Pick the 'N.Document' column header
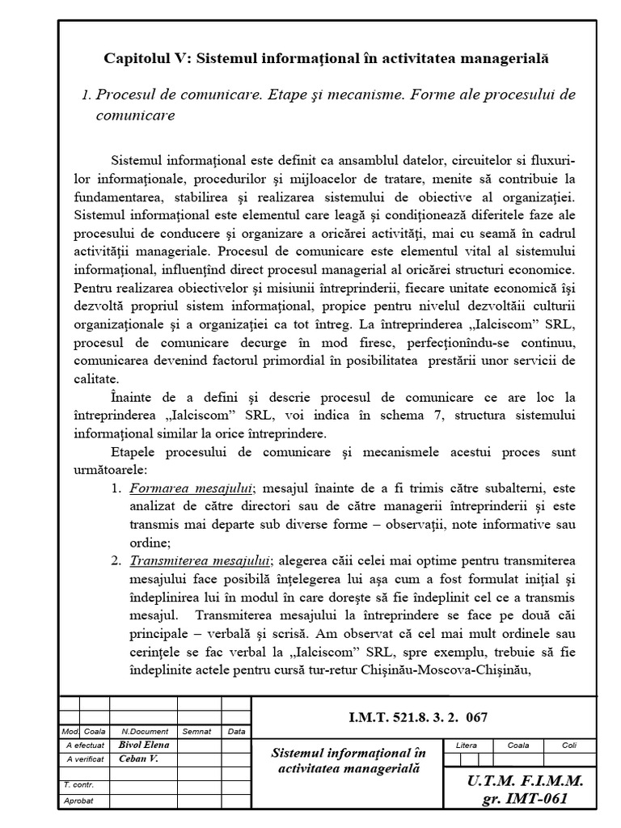point(143,731)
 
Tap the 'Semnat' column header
point(196,731)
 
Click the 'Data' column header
point(236,731)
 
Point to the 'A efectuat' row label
point(85,745)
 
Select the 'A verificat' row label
point(85,758)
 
